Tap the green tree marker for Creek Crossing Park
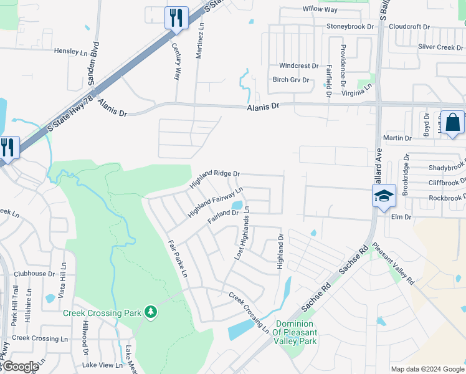click(150, 310)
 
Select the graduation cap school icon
click(384, 196)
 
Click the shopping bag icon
click(452, 122)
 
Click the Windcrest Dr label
click(298, 65)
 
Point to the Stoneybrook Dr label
click(349, 27)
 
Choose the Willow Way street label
click(320, 9)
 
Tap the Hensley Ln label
click(72, 51)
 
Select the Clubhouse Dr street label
click(34, 274)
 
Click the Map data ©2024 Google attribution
click(427, 369)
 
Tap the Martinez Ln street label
click(200, 42)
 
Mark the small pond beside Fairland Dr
click(237, 205)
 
